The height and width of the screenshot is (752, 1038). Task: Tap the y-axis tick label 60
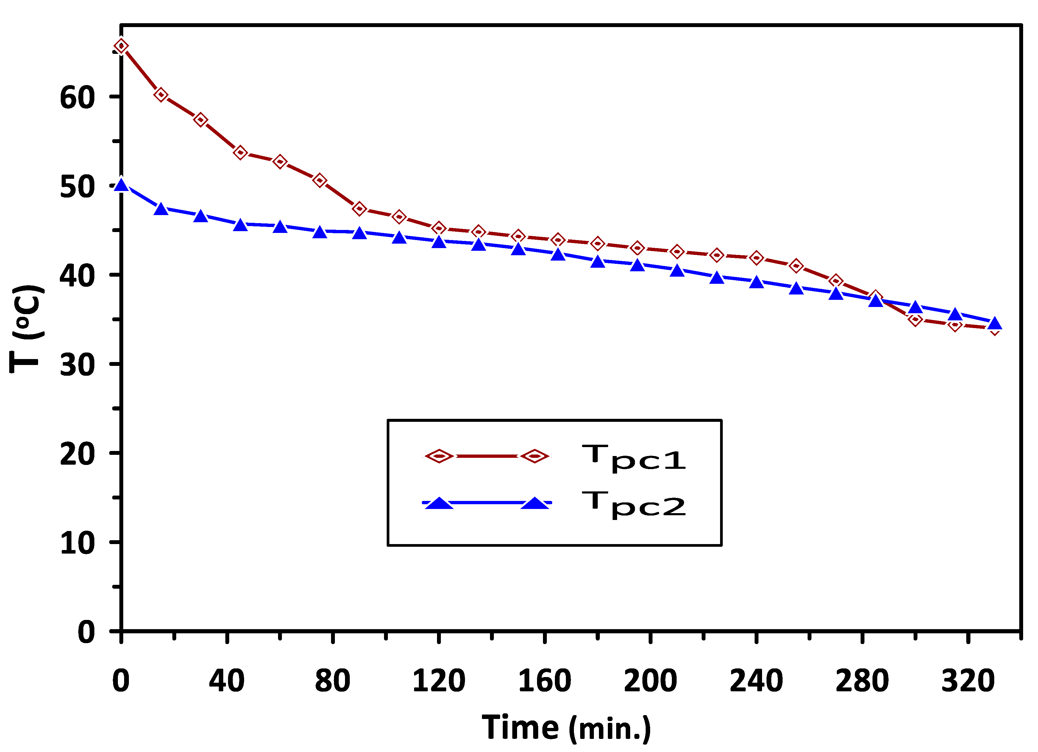point(77,98)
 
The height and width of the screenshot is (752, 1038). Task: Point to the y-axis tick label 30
point(77,365)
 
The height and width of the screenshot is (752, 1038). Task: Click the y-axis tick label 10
point(77,543)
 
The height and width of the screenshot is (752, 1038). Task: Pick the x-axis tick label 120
point(438,681)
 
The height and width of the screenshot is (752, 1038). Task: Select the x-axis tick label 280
point(862,681)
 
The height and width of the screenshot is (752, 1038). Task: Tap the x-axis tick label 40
point(227,681)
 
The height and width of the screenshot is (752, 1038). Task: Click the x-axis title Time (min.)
point(566,727)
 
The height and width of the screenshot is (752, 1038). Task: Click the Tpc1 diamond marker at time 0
point(121,46)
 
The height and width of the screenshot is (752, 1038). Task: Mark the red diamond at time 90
point(359,209)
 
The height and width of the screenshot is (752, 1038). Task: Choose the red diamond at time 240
point(756,258)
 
